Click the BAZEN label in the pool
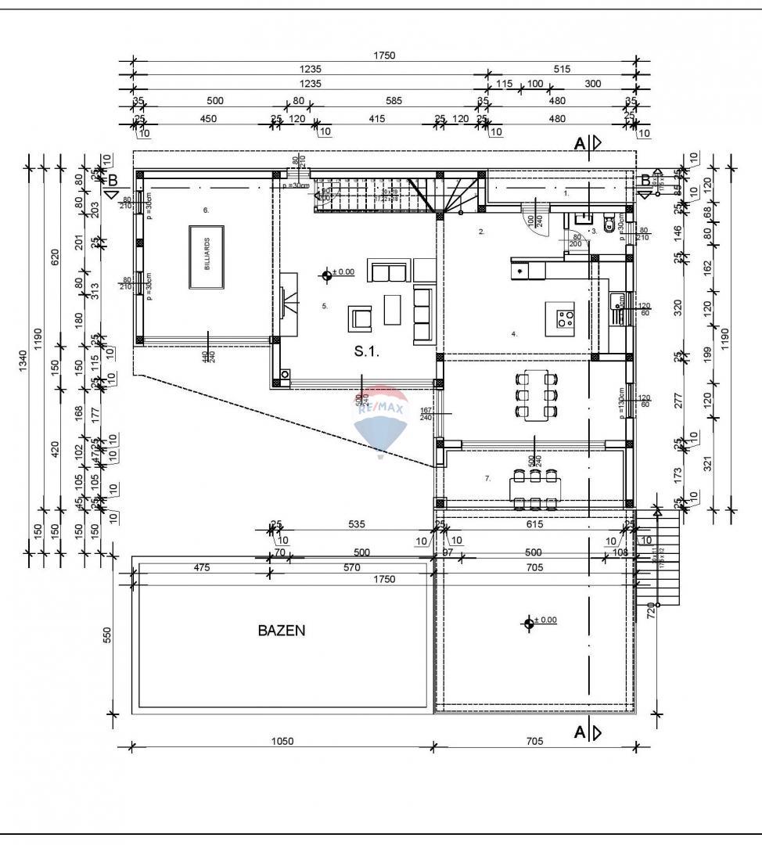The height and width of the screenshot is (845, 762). coord(281,630)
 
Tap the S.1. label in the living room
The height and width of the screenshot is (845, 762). coord(366,352)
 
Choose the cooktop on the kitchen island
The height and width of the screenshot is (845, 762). coord(565,318)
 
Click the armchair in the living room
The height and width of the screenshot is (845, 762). coord(361,318)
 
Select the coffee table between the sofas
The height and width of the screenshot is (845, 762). coord(393,309)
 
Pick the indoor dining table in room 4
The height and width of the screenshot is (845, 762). coord(537,394)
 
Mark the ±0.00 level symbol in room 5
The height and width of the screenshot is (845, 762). coord(327,273)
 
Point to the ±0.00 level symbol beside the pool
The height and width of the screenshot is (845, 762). coord(529,622)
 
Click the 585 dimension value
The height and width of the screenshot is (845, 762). coord(394,100)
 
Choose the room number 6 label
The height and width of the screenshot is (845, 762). coord(206,210)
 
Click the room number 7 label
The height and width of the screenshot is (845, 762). coord(487,478)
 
